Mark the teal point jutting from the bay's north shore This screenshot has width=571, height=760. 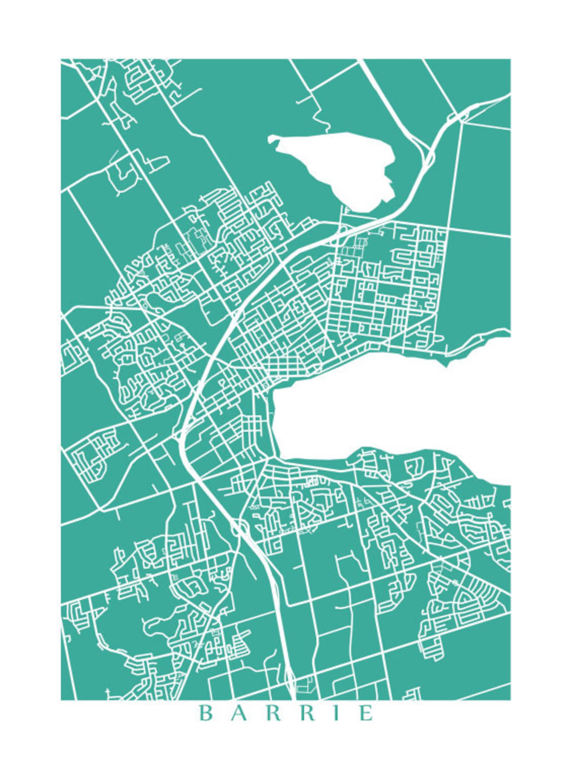[448, 361]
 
